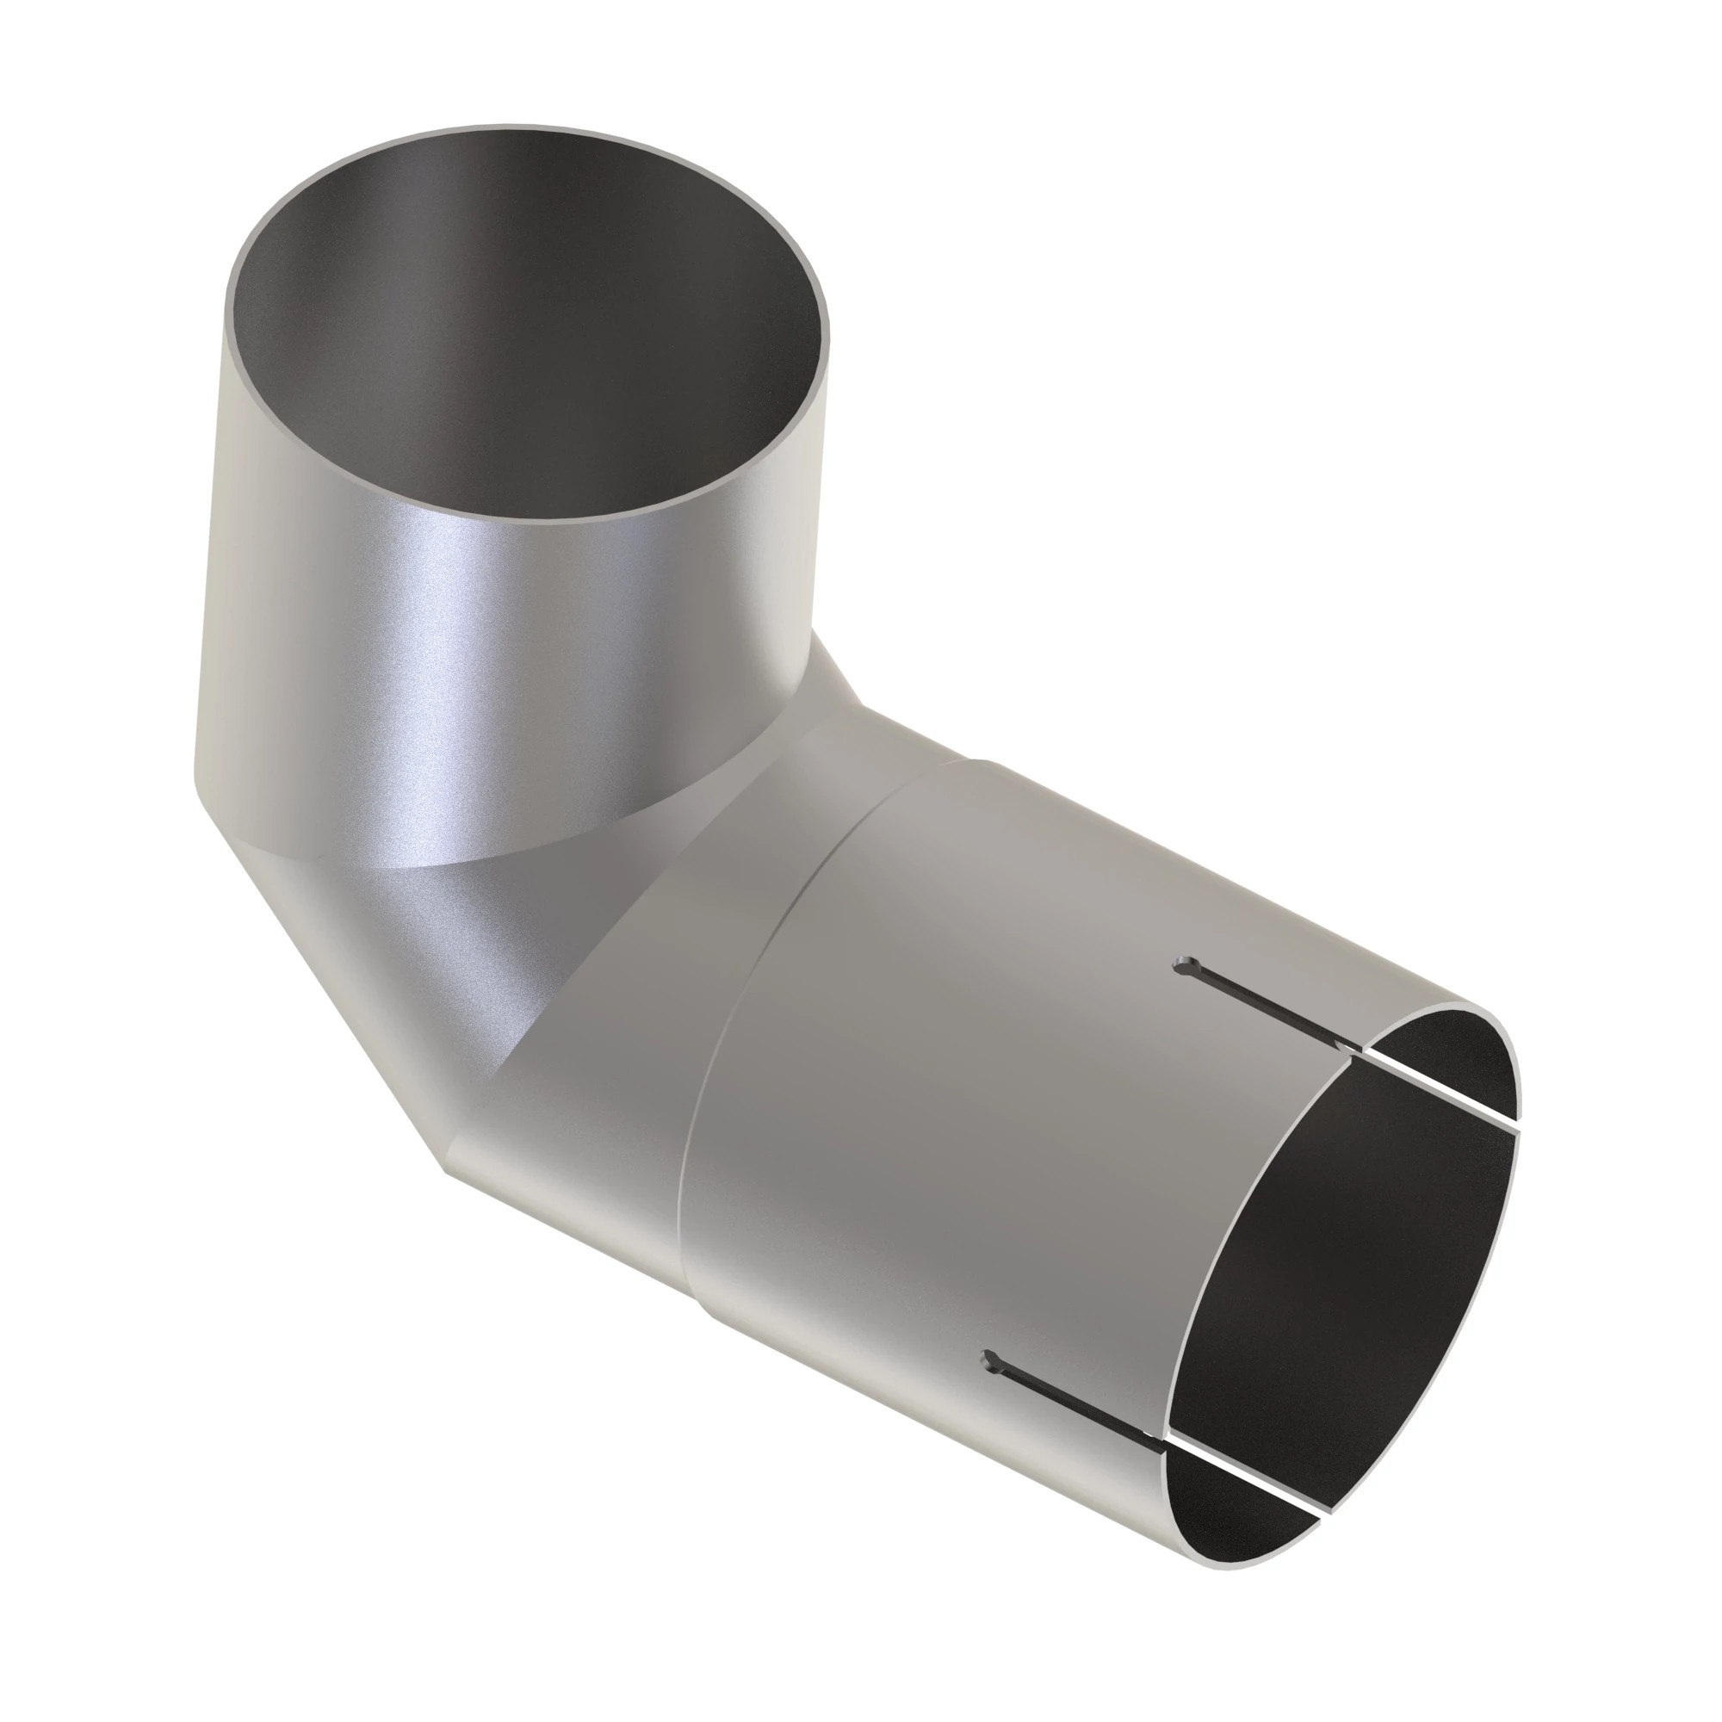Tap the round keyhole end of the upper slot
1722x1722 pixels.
[x=1185, y=966]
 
